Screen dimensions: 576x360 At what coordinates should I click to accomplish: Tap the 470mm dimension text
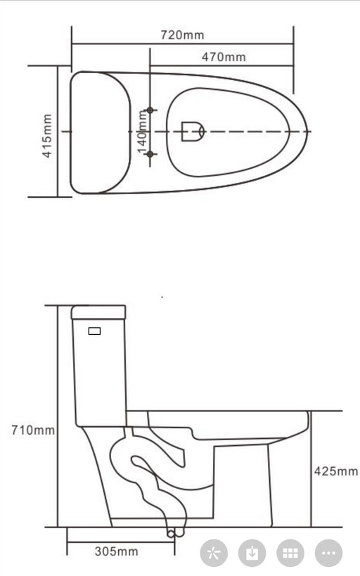coord(224,57)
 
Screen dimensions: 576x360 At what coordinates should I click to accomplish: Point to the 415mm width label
coord(47,135)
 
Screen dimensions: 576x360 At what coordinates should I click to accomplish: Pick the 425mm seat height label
coord(335,471)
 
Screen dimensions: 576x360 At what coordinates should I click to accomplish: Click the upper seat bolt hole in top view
coord(149,110)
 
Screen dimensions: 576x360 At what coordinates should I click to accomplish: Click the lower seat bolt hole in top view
coord(149,153)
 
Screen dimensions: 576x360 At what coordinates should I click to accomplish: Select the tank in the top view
coord(99,132)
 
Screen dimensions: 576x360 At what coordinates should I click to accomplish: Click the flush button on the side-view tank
coord(94,331)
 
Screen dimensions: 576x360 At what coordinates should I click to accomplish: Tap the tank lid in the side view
coord(98,312)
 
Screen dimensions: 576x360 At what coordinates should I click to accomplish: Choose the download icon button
coord(252,553)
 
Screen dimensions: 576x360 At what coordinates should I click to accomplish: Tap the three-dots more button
coord(328,553)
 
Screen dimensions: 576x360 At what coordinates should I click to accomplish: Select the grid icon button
coord(290,553)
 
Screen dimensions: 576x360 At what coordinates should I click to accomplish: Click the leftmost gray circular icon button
coord(214,553)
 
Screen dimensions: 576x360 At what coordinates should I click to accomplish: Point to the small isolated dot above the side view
coord(162,297)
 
